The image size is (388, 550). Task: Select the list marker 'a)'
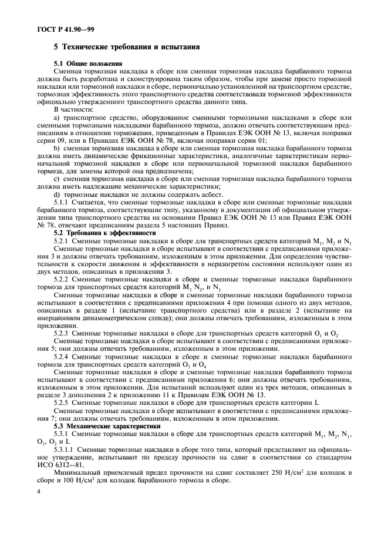tap(57, 116)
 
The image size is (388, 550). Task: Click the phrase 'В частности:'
tap(73, 108)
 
